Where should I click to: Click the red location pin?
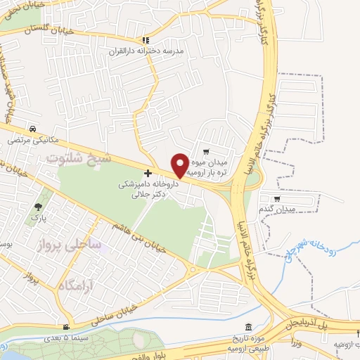point(180,165)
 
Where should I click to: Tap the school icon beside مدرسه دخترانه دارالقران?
point(146,40)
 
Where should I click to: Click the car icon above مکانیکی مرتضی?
point(33,129)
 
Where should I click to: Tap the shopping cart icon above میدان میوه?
point(205,150)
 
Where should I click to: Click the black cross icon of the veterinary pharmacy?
point(147,173)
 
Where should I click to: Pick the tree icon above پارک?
point(38,207)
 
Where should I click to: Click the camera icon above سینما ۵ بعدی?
point(65,327)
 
